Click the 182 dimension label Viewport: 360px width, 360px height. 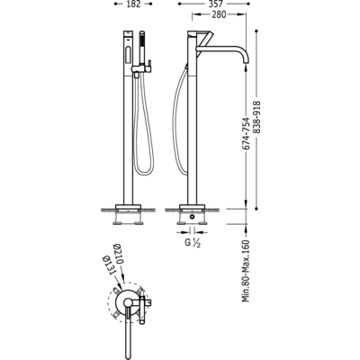coord(133,4)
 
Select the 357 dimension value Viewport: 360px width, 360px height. coord(214,4)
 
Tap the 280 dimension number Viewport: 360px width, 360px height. coord(219,14)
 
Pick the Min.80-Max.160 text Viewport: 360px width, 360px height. coord(246,271)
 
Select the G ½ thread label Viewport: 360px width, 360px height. coord(193,243)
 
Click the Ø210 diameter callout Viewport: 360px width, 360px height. coord(118,254)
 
